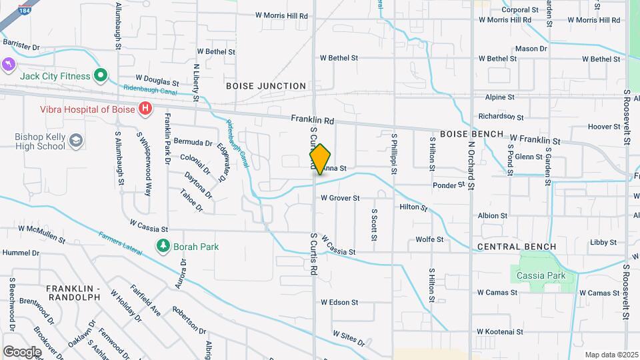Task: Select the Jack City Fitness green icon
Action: pos(101,76)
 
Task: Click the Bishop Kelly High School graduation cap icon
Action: pos(76,141)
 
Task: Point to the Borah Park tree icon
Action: pos(163,246)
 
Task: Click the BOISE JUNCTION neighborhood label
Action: pos(265,86)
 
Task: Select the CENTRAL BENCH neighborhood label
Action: pos(517,247)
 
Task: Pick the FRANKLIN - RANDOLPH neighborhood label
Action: pos(73,293)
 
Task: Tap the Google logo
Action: pos(22,351)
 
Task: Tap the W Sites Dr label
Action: pos(349,338)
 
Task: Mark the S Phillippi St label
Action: pos(394,153)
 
